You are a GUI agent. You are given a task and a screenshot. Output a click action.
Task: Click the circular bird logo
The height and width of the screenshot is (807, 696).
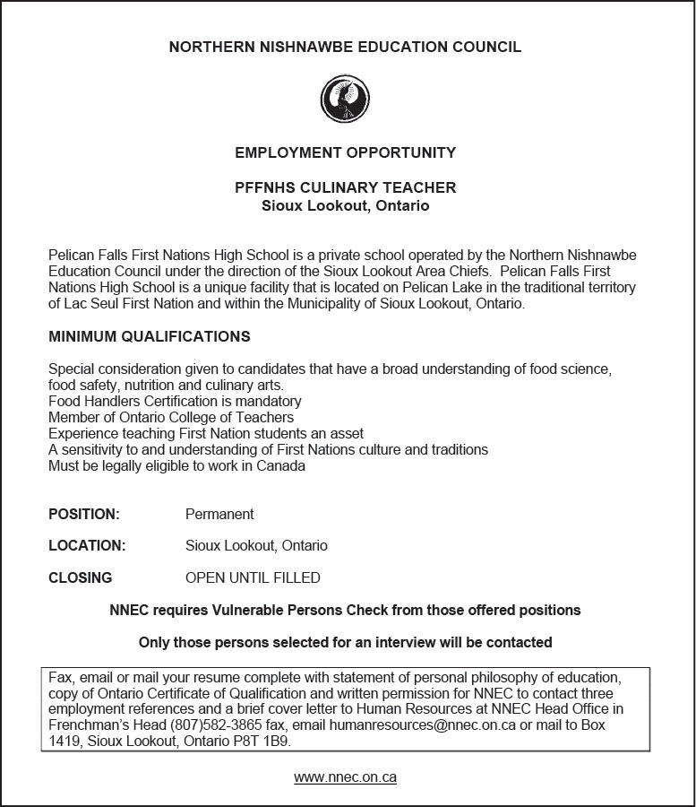[345, 99]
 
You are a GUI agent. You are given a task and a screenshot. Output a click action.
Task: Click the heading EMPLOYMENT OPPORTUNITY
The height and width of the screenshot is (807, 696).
[345, 152]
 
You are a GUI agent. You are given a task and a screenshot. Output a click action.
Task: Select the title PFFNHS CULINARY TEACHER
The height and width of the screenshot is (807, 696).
[345, 187]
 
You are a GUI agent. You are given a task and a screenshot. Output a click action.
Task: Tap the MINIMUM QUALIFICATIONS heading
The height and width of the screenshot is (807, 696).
[149, 337]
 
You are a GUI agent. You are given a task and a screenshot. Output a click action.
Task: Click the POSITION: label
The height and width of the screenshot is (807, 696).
[84, 515]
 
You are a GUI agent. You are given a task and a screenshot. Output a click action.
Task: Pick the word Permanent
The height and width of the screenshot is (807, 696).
[219, 515]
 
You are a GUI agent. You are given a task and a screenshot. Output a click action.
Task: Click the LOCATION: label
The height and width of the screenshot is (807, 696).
[87, 546]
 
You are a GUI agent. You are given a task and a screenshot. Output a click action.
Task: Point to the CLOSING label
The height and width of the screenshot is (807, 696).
[81, 578]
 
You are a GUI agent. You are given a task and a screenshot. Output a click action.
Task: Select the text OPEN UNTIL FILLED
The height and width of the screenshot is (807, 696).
[253, 578]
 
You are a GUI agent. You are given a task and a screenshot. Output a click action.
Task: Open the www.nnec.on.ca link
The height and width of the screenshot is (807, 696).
[345, 777]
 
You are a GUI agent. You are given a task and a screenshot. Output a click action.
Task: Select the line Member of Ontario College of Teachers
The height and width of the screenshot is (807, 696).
[171, 418]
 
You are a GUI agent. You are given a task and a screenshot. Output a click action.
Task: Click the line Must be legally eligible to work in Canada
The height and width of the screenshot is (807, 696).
[176, 466]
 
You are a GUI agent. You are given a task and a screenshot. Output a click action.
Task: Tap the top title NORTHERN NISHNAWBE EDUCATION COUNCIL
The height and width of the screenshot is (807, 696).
[345, 47]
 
